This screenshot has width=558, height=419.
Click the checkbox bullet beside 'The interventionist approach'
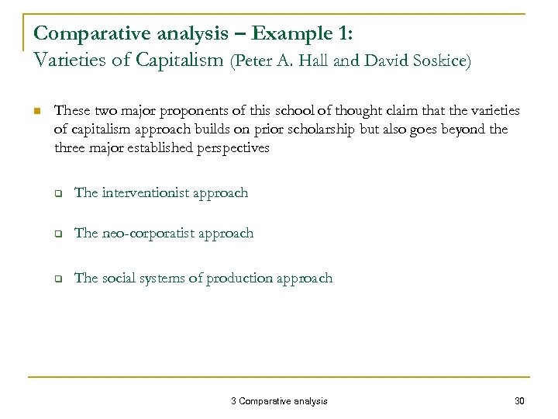(58, 193)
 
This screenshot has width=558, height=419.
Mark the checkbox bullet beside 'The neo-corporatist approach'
(58, 234)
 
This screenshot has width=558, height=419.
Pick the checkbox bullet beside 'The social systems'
(58, 279)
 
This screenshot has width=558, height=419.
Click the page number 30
(518, 400)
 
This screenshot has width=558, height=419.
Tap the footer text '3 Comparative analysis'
(279, 400)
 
